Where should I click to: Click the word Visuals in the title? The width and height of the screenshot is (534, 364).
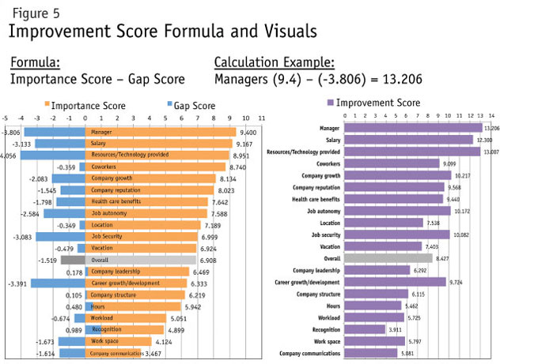pyautogui.click(x=283, y=32)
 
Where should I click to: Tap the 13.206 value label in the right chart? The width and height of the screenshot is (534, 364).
pyautogui.click(x=493, y=128)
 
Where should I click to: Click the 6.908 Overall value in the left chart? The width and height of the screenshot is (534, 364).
pyautogui.click(x=206, y=259)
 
